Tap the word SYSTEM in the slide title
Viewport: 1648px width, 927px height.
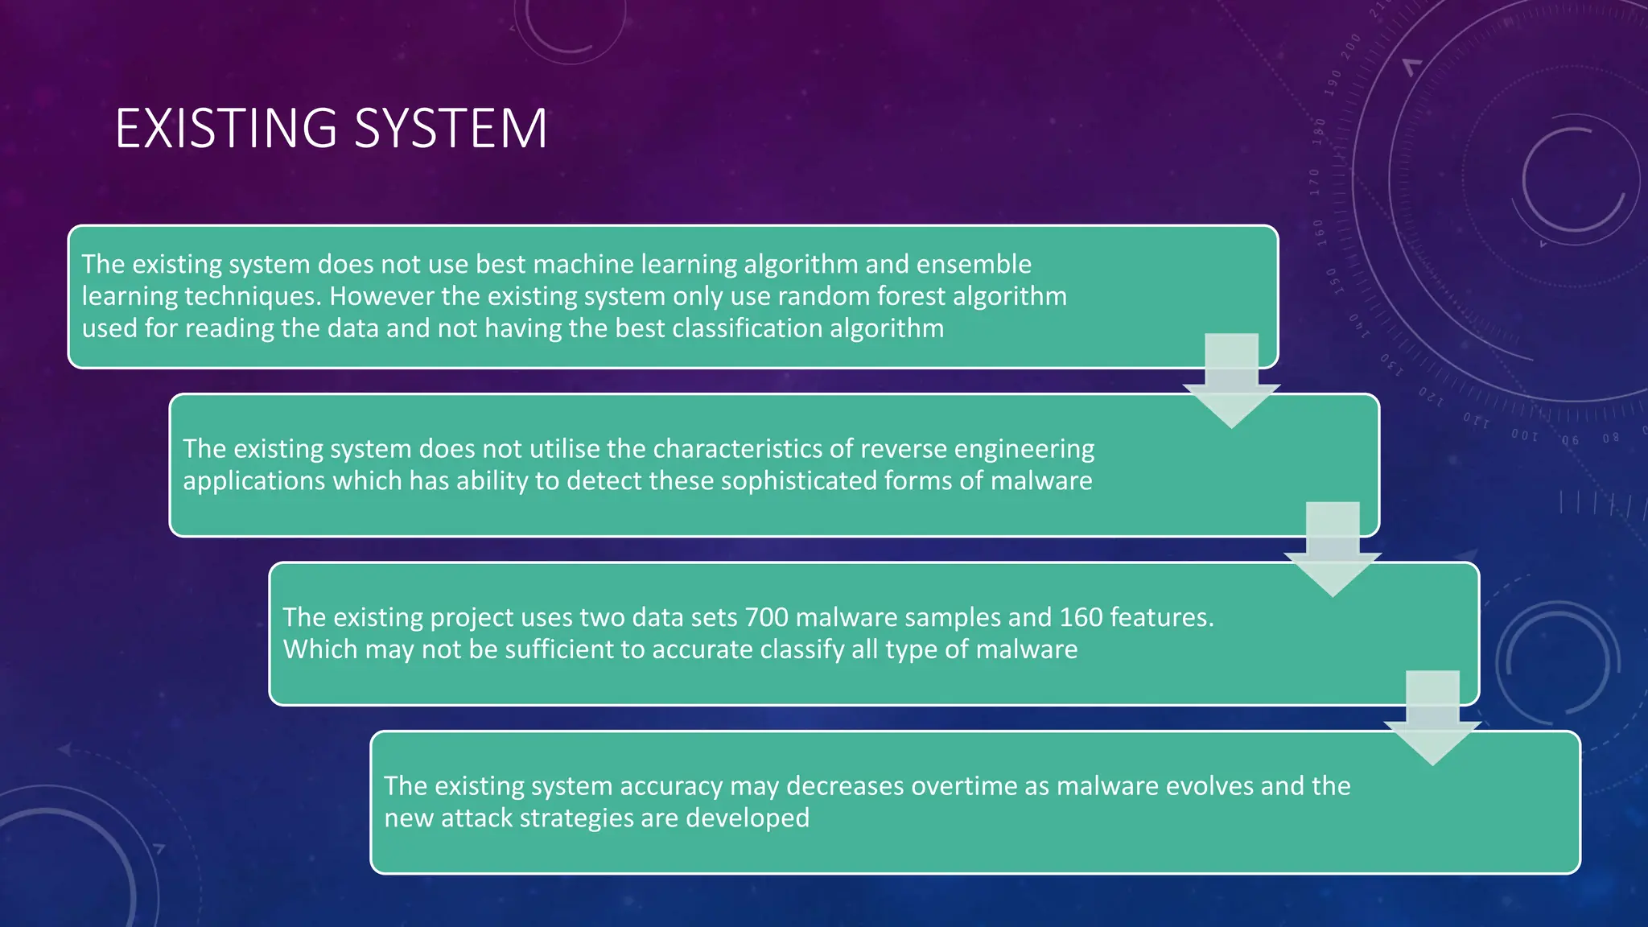451,129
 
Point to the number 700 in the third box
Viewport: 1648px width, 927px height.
766,617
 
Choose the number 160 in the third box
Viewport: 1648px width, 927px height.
1081,617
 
